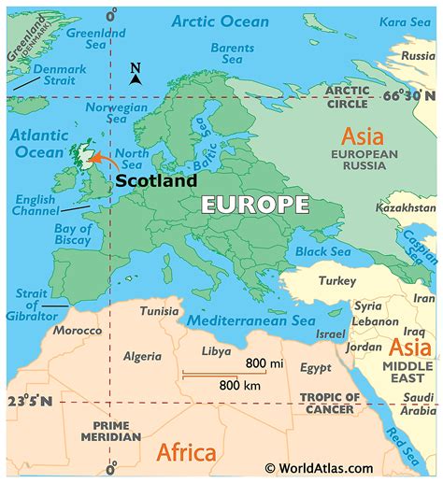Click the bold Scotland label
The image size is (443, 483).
[156, 181]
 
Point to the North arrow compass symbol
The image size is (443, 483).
[136, 75]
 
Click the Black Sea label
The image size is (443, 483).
[322, 251]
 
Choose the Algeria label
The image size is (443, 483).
[143, 356]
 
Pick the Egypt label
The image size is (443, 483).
[315, 368]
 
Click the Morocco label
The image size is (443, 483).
[77, 332]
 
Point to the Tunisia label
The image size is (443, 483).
[160, 311]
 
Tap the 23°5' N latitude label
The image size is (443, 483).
[27, 402]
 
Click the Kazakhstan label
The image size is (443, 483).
[406, 206]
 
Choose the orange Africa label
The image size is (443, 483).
[186, 453]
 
